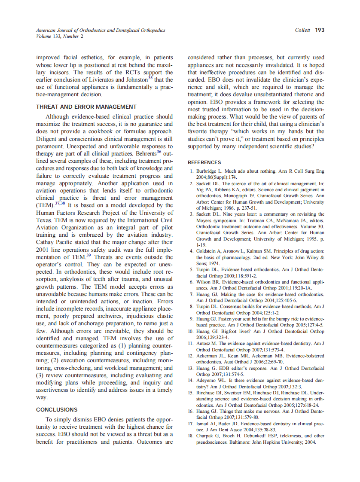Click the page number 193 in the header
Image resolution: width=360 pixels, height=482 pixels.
(320, 30)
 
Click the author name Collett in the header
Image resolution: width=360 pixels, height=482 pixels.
(303, 30)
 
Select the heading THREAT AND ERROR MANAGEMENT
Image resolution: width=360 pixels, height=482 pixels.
(86, 107)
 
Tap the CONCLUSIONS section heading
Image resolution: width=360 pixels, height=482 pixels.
(57, 409)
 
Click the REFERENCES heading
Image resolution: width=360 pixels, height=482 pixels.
(204, 162)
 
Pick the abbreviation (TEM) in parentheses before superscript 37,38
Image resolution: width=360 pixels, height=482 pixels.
(45, 205)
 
